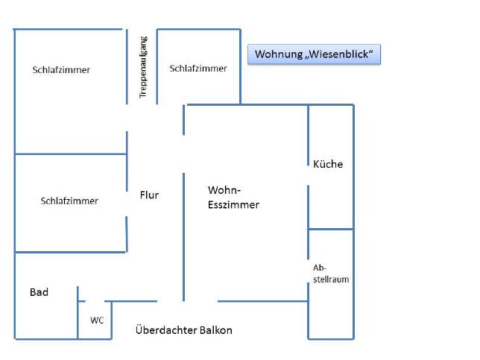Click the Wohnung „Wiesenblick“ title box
point(314,54)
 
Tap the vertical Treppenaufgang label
point(143,67)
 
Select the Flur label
point(149,195)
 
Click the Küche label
point(328,164)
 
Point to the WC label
point(97,320)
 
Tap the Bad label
point(39,292)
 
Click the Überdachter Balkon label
point(183,330)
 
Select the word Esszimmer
point(233,205)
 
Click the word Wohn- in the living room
point(224,190)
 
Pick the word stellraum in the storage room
point(331,280)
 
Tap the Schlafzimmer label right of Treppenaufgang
point(198,69)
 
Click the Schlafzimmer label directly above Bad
point(69,200)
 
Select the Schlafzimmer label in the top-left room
point(61,70)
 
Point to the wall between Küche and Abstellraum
point(331,229)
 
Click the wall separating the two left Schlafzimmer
point(71,154)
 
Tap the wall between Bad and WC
point(78,312)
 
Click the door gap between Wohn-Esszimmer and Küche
point(308,176)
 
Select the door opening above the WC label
point(95,301)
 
